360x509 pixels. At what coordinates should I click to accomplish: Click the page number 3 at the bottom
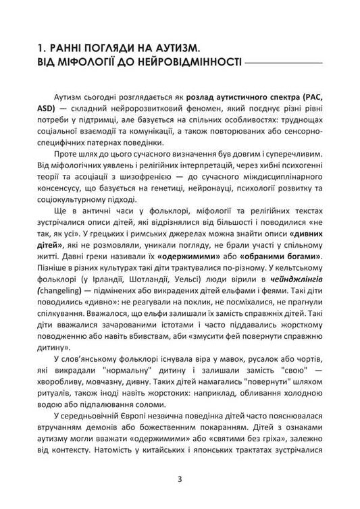(180, 480)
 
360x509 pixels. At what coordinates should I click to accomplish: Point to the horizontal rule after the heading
(284, 64)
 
